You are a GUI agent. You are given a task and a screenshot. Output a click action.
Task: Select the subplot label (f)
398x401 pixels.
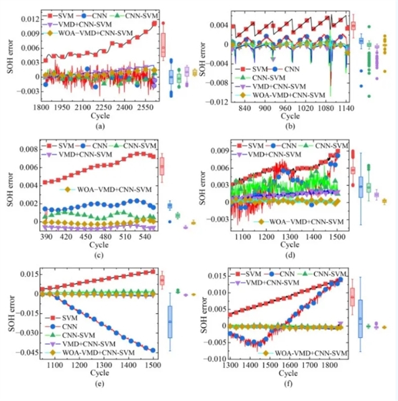click(284, 390)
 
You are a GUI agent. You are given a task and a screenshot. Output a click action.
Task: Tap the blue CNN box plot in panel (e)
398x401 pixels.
click(169, 322)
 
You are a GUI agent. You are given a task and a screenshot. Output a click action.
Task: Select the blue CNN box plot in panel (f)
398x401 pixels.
click(360, 319)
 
